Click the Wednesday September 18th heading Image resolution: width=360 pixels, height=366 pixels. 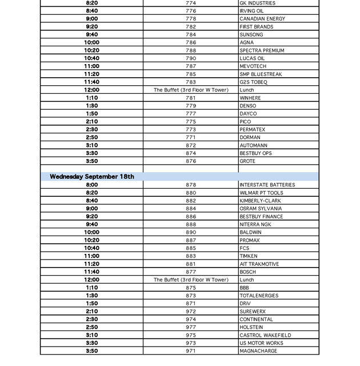click(x=92, y=177)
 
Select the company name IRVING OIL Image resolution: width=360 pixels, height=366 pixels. click(x=251, y=11)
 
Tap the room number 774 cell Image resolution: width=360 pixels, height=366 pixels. click(x=191, y=3)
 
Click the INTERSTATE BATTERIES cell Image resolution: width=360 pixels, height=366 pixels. click(x=267, y=185)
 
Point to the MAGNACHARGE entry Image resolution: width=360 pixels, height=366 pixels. click(x=258, y=351)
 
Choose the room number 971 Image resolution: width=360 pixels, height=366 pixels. click(x=191, y=351)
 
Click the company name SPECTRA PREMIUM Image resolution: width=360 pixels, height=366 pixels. click(x=262, y=50)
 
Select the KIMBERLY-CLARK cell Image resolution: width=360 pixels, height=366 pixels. click(x=260, y=201)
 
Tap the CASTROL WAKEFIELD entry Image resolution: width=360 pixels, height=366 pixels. click(x=265, y=335)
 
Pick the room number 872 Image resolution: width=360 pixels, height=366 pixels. click(x=191, y=145)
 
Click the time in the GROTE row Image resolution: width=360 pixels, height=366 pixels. click(x=91, y=161)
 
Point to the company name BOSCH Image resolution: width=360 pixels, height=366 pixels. click(x=247, y=272)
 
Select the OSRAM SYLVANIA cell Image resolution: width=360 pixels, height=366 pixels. click(x=261, y=209)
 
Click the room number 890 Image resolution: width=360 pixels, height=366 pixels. click(x=191, y=233)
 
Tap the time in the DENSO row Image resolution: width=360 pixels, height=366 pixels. click(x=91, y=106)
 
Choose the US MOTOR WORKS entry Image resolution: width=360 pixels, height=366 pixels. click(x=261, y=343)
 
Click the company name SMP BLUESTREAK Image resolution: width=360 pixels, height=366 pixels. click(x=261, y=74)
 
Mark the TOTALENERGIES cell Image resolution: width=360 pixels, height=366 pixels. click(x=259, y=296)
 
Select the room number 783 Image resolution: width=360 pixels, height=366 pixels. click(x=191, y=82)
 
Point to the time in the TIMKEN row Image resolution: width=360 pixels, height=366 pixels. click(x=91, y=256)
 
